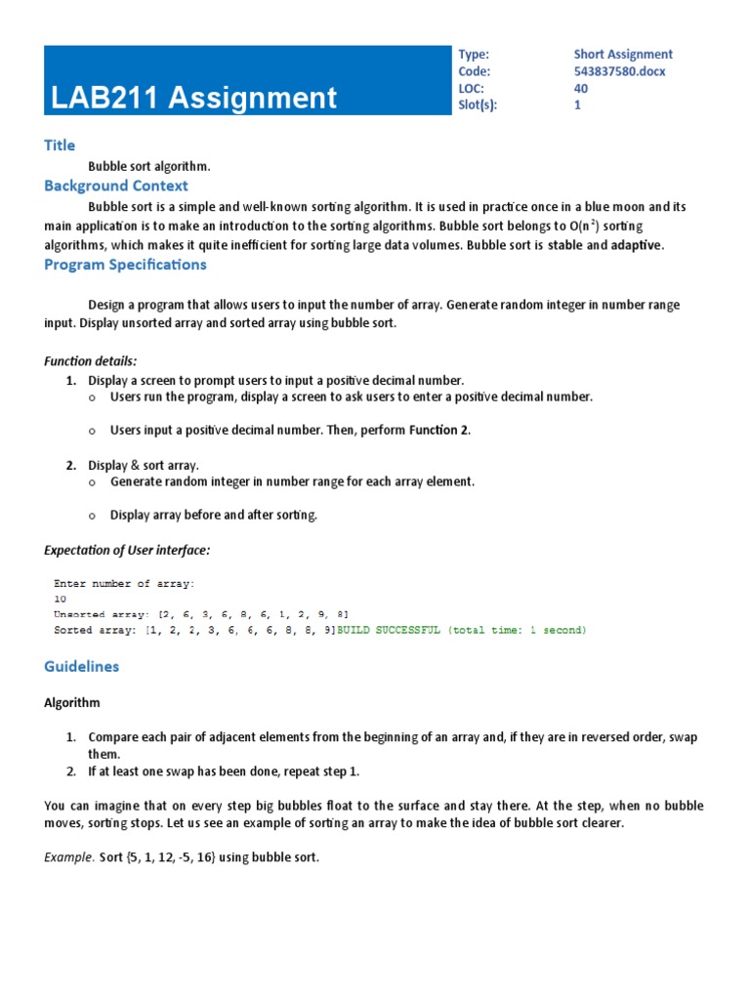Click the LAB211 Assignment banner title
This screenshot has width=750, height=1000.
click(194, 98)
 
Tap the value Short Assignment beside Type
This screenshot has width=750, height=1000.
click(623, 55)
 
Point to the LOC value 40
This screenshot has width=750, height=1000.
click(581, 89)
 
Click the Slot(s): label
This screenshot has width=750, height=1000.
click(478, 105)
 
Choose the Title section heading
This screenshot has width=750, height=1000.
click(60, 146)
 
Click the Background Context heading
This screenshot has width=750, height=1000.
click(116, 186)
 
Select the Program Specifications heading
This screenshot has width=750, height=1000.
click(125, 265)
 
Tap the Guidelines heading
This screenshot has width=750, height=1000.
click(82, 666)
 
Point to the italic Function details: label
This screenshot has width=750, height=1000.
click(91, 360)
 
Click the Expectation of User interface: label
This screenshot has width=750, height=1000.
click(127, 550)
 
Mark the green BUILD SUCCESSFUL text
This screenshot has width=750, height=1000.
click(462, 631)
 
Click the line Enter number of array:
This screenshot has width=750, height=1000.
click(124, 583)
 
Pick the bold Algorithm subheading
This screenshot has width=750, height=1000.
click(72, 702)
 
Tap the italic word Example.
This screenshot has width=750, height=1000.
click(69, 857)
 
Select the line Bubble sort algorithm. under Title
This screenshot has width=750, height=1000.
click(149, 167)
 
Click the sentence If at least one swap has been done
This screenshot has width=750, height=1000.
click(224, 771)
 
